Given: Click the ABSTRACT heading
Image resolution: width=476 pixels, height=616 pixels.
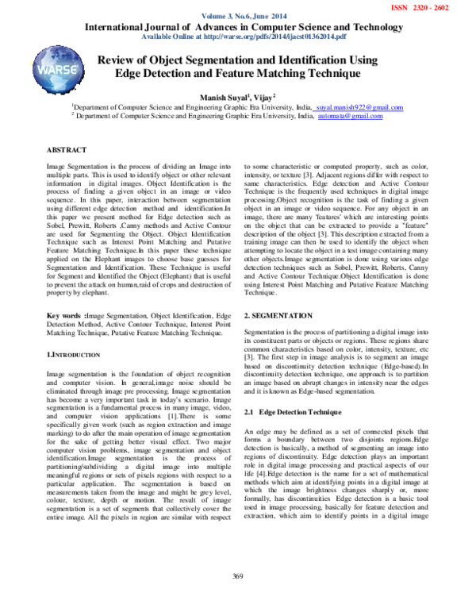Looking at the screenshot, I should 67,149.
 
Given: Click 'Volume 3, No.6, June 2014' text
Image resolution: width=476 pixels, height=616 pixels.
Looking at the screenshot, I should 237,17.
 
